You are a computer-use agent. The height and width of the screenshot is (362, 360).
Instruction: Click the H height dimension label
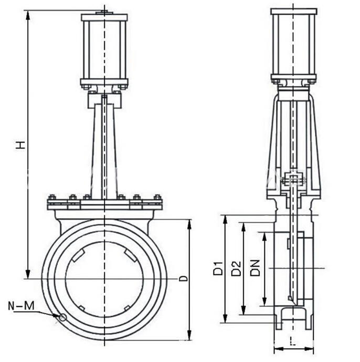(x=20, y=145)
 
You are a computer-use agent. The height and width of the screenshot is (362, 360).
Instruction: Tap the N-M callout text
(x=21, y=306)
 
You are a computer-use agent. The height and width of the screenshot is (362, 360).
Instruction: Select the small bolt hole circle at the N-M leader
(x=62, y=318)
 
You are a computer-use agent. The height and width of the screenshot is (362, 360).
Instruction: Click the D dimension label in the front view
(x=184, y=278)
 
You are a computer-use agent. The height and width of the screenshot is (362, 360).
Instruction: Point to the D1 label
(x=218, y=268)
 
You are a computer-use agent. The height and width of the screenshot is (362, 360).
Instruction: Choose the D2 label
(x=236, y=268)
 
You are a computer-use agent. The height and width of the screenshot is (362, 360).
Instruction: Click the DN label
(x=255, y=268)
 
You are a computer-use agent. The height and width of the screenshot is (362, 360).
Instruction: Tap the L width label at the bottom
(x=293, y=341)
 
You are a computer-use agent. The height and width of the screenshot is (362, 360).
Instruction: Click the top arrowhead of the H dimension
(x=28, y=15)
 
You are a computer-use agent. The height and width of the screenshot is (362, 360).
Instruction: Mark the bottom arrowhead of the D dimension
(x=189, y=335)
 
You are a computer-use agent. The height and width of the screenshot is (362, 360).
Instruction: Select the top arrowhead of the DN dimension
(x=265, y=237)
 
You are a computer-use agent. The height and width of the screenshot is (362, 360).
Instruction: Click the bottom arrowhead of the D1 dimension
(x=226, y=318)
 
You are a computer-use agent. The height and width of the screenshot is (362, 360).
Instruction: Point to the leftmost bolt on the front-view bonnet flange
(x=52, y=198)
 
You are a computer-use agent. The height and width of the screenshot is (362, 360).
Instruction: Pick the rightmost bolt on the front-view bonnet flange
(x=157, y=198)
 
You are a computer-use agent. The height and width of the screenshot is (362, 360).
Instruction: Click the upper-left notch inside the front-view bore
(x=77, y=255)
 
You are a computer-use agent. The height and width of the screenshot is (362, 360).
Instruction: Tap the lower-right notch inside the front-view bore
(x=128, y=308)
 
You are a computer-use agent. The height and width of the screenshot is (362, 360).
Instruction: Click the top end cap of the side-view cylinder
(x=294, y=12)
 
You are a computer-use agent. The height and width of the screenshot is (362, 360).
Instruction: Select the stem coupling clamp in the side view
(x=293, y=179)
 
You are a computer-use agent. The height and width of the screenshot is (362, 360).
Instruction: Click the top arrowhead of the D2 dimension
(x=243, y=228)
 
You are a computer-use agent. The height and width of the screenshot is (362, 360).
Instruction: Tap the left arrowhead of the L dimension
(x=279, y=349)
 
